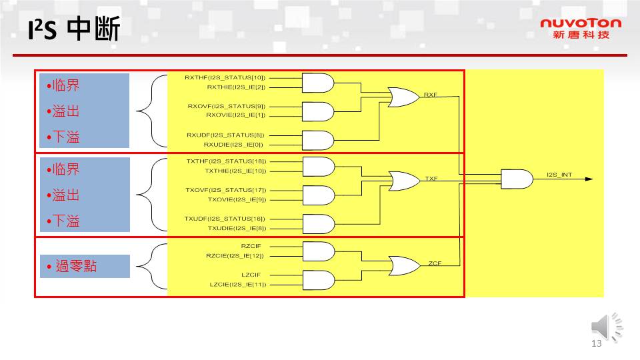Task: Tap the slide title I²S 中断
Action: tap(73, 31)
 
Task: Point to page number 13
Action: tap(596, 344)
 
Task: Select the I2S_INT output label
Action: tap(559, 175)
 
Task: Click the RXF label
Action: tap(430, 95)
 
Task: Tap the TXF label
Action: tap(431, 179)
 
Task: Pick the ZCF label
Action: tap(435, 263)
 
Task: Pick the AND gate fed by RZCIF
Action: tap(318, 251)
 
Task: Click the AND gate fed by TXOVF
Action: tap(318, 195)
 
